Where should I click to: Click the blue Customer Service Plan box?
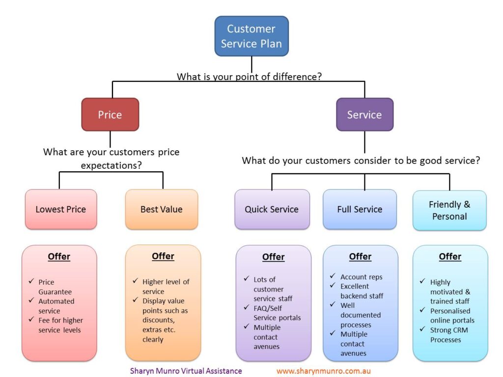click(x=251, y=36)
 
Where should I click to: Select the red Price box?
click(x=110, y=115)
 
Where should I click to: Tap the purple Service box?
click(x=364, y=115)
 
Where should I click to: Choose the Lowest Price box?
click(x=60, y=209)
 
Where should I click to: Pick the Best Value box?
click(x=161, y=209)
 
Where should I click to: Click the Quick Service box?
click(x=272, y=209)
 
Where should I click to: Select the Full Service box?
click(x=360, y=209)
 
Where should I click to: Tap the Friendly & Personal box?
click(x=449, y=210)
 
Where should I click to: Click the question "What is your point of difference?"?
click(x=249, y=77)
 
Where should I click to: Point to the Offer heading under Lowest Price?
click(x=59, y=257)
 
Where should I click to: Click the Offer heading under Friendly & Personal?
click(x=450, y=257)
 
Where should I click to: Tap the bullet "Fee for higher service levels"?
click(x=59, y=325)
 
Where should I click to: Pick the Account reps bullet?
click(x=361, y=277)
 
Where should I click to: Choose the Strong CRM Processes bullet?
click(x=448, y=335)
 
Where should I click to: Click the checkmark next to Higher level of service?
click(x=135, y=281)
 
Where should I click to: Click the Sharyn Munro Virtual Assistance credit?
click(x=186, y=371)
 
